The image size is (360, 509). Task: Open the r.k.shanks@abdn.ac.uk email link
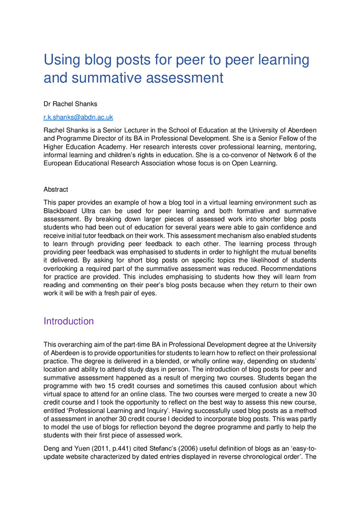pos(78,117)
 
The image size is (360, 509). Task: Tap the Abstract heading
pos(56,189)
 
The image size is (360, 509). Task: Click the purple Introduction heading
pos(69,321)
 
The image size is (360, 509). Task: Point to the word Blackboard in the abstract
pos(62,210)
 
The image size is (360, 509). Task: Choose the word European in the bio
pos(59,163)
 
